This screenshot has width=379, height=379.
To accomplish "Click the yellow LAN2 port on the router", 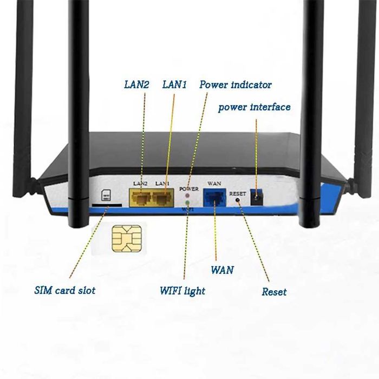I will point(141,199).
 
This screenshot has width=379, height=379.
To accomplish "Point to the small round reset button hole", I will point(238,200).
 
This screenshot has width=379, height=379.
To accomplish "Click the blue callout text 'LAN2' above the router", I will point(134,85).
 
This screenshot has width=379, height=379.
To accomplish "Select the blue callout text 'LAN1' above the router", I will point(175,85).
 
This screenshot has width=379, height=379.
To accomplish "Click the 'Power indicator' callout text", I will point(236,85).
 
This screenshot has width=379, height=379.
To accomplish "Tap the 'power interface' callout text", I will point(254,107).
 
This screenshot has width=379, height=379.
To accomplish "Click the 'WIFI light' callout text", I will point(182,291).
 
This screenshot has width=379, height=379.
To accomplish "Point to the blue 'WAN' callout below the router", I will point(222,269).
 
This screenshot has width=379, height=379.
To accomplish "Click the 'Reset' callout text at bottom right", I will point(274,292).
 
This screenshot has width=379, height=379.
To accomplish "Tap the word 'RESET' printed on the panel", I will point(238,193).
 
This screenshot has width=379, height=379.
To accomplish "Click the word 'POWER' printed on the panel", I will point(190,188).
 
